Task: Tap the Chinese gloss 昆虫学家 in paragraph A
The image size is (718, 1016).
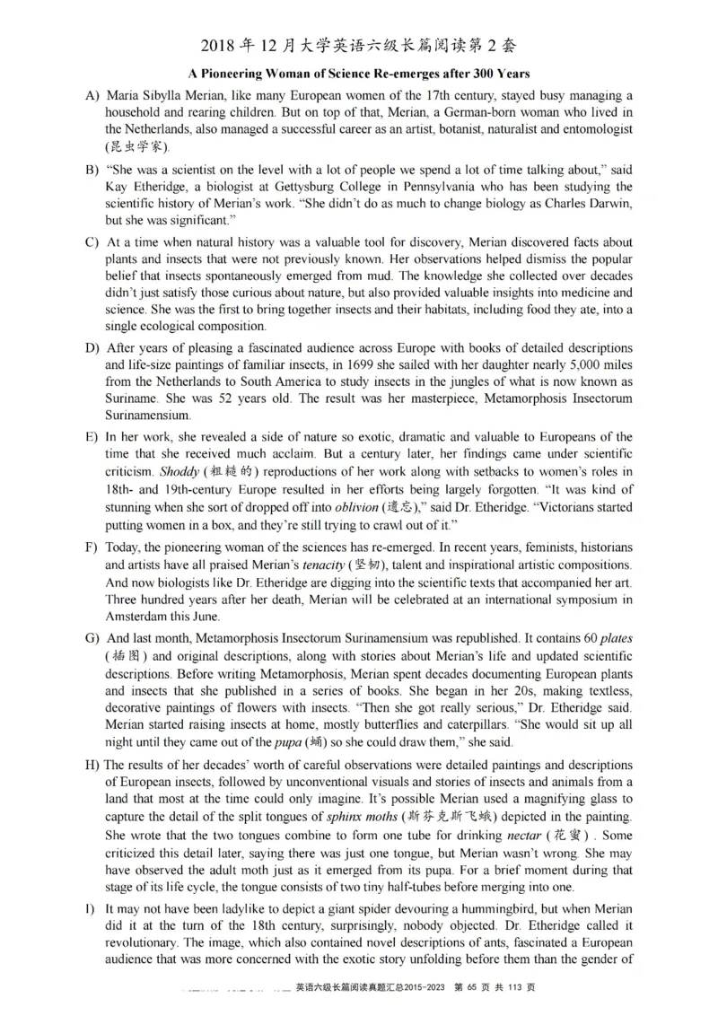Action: (x=136, y=146)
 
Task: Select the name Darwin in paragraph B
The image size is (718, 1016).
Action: (x=609, y=204)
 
